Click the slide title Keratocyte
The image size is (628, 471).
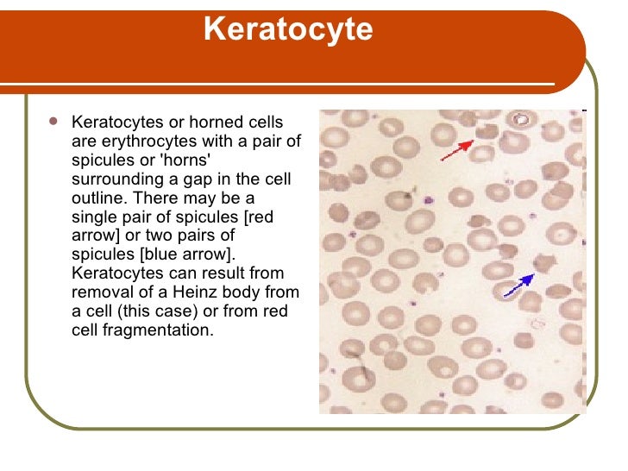(x=288, y=30)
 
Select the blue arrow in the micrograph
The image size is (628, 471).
(x=518, y=286)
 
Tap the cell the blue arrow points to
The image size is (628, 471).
(x=544, y=263)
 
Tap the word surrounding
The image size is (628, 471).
(x=110, y=179)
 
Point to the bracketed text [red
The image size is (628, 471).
(x=258, y=217)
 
